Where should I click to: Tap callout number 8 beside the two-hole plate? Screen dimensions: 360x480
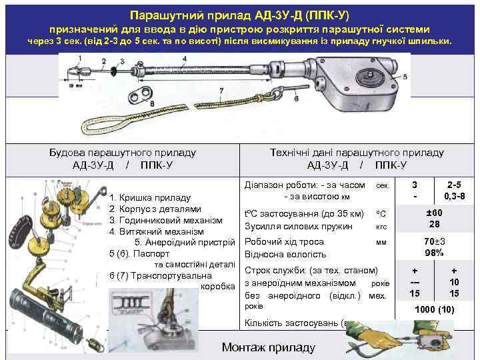click(x=153, y=105)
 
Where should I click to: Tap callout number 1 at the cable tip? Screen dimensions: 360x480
click(x=79, y=59)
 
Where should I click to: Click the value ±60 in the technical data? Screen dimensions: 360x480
click(x=434, y=212)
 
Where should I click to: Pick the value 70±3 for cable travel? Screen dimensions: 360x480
click(x=434, y=241)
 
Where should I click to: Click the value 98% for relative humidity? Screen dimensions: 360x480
click(x=434, y=253)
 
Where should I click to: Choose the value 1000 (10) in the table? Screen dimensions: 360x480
click(x=434, y=309)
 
